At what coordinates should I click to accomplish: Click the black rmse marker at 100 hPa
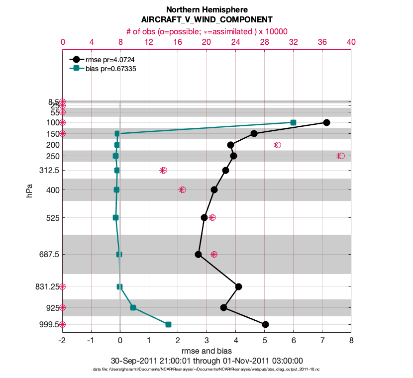click(x=326, y=122)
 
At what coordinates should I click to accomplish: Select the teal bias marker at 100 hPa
click(x=293, y=122)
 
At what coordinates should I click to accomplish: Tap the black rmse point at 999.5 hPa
click(x=265, y=324)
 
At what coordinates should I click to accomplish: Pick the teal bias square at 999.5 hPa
click(x=168, y=324)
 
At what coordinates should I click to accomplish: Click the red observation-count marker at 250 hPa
click(x=340, y=156)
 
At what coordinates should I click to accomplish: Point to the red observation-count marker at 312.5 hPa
click(x=163, y=170)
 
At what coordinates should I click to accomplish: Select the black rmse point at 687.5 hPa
click(x=198, y=254)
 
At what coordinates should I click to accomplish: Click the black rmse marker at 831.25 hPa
click(x=238, y=286)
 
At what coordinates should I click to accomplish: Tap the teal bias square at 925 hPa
click(x=133, y=307)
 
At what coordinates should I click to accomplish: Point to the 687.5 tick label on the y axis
click(x=48, y=254)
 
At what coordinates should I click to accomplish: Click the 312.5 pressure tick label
click(x=48, y=170)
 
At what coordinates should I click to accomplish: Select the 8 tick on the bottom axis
click(x=351, y=341)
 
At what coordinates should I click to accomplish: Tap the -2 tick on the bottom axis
click(x=62, y=341)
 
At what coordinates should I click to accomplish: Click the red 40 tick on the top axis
click(x=351, y=43)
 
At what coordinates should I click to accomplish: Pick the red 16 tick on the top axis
click(x=178, y=43)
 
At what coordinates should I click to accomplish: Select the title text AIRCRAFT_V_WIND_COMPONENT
click(x=206, y=20)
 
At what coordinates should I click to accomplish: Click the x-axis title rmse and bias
click(x=206, y=351)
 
